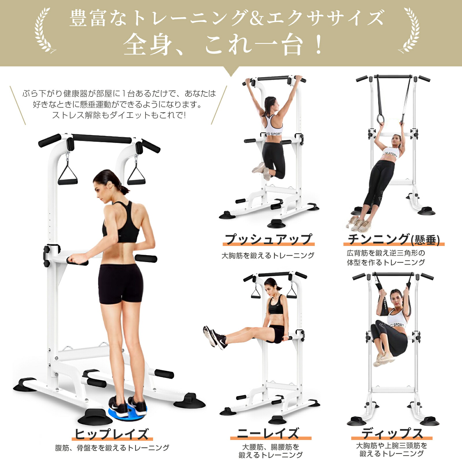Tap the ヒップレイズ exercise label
(x=112, y=434)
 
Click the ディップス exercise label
(x=392, y=433)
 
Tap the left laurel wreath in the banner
(x=44, y=30)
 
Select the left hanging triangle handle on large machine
(x=68, y=173)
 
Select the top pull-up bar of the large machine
(x=101, y=139)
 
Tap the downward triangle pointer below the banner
(x=231, y=71)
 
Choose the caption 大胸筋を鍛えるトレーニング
(x=268, y=256)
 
